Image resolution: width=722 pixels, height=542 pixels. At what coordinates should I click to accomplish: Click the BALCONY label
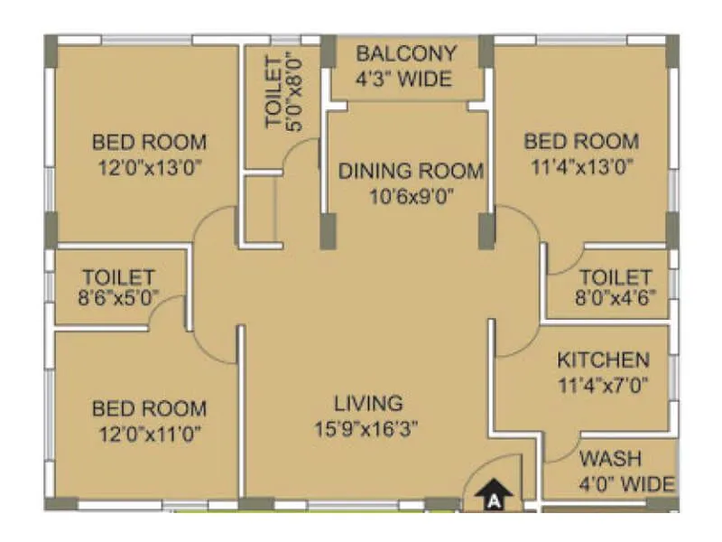[x=405, y=53]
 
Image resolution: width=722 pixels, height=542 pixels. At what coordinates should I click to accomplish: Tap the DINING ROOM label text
[x=411, y=171]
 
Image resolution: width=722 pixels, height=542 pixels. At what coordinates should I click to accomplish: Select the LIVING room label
[x=368, y=403]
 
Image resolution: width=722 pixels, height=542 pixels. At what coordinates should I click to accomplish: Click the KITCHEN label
[x=602, y=360]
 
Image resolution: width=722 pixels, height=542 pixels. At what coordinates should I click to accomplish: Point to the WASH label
[x=611, y=457]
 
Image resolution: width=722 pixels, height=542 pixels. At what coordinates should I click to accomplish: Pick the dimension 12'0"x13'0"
[x=149, y=166]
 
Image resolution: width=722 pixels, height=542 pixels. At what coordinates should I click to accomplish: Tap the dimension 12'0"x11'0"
[x=149, y=433]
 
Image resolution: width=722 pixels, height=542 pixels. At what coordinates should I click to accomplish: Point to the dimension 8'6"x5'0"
[x=119, y=295]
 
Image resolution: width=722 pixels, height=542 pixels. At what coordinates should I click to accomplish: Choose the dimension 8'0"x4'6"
[x=615, y=295]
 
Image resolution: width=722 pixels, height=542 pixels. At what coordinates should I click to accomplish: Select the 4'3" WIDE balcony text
[x=405, y=79]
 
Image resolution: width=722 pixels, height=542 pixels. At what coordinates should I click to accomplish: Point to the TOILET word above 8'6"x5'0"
[x=119, y=276]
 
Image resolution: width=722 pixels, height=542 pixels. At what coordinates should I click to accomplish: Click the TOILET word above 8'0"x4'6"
[x=615, y=276]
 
